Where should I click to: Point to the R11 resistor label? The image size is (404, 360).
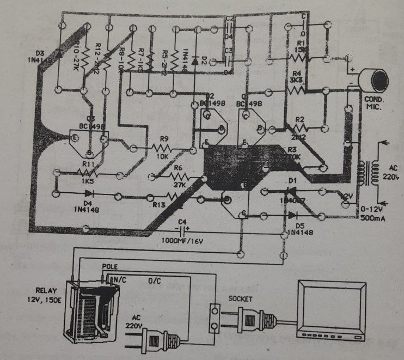coord(88,163)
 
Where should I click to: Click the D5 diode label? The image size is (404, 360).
coord(298,225)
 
